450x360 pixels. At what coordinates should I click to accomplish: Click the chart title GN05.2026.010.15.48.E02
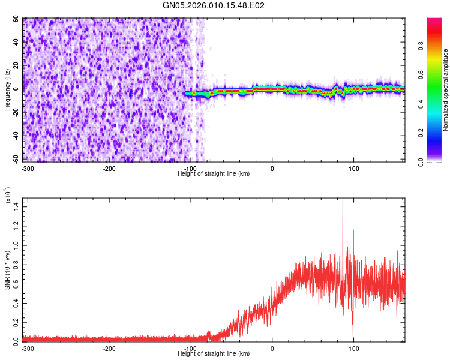(x=214, y=5)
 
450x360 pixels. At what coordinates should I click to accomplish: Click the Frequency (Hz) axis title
(x=8, y=89)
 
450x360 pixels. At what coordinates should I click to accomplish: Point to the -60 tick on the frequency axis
(x=16, y=159)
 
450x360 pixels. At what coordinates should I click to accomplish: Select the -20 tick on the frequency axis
(x=16, y=112)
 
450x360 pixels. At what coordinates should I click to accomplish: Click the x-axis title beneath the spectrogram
(x=214, y=174)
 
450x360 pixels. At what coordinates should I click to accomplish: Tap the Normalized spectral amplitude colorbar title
(x=446, y=90)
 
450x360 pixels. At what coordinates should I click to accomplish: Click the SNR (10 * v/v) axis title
(x=8, y=269)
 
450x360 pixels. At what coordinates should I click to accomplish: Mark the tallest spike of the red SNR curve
(x=343, y=201)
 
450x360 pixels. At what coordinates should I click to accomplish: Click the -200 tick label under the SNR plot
(x=109, y=348)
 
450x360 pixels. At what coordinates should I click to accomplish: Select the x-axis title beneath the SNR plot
(x=214, y=353)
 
